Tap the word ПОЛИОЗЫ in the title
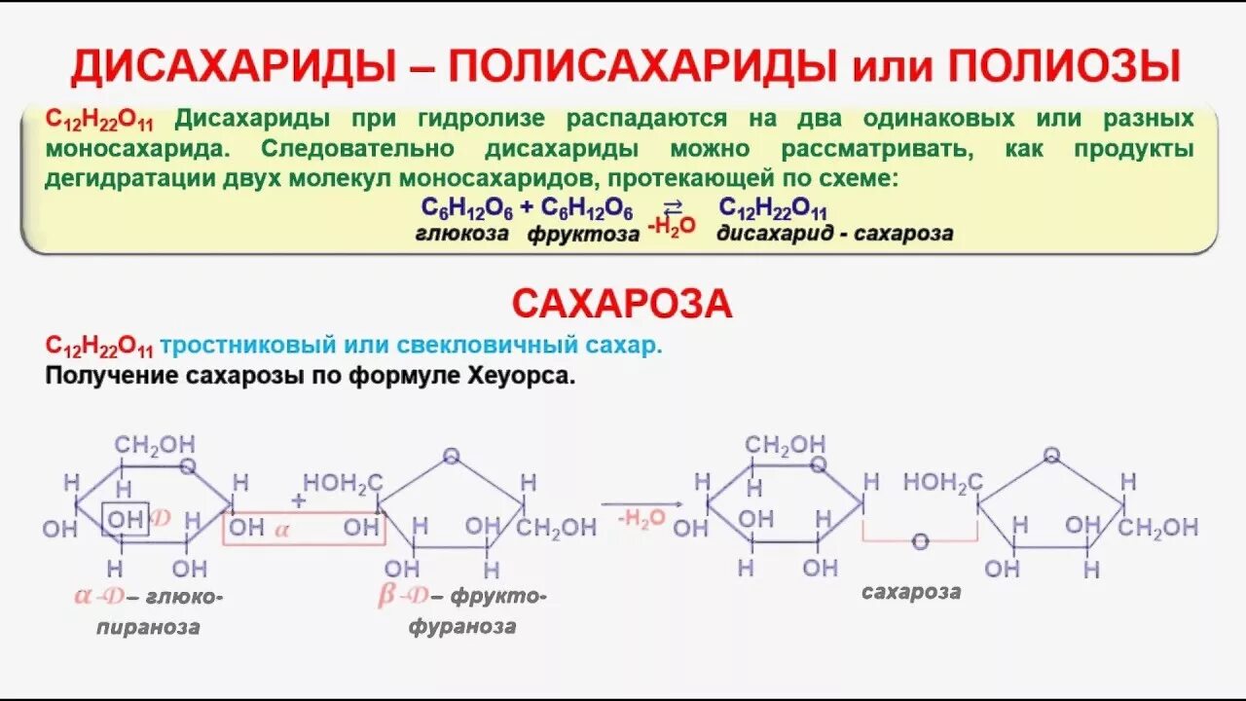coord(1065,66)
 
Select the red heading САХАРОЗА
coord(622,305)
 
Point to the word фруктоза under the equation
coord(583,234)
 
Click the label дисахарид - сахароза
coord(834,234)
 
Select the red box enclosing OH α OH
coord(304,528)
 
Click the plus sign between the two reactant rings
coord(298,498)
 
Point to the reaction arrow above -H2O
coord(640,503)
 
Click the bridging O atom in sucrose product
coord(921,540)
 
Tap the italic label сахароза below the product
coord(911,591)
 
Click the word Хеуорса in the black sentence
coord(521,376)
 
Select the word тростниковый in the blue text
coord(249,345)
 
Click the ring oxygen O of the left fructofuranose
coord(451,455)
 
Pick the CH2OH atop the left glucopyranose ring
coord(155,444)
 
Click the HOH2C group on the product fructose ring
coord(942,481)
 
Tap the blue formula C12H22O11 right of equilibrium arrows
coord(773,208)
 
